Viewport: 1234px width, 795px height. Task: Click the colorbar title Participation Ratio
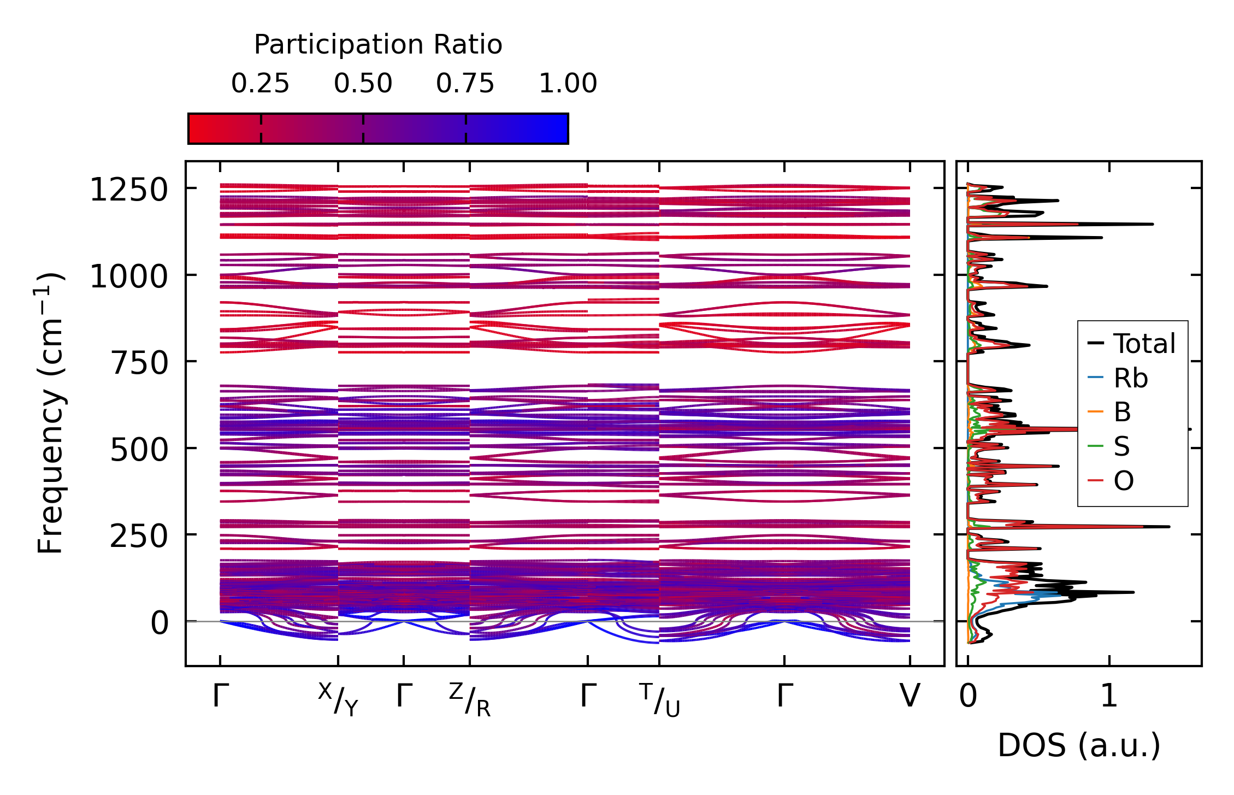[x=378, y=45]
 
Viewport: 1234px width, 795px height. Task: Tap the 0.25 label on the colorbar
[x=260, y=84]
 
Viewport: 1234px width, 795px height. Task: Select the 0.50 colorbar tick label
[x=363, y=84]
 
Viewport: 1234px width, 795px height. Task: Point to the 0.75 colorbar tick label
[x=465, y=84]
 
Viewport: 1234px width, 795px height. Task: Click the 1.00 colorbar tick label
[x=568, y=84]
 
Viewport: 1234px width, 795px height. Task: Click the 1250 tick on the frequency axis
[x=129, y=190]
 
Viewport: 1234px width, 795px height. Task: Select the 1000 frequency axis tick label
[x=129, y=276]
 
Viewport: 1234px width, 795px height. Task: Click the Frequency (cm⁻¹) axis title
[x=50, y=413]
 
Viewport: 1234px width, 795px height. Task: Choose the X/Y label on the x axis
[x=338, y=699]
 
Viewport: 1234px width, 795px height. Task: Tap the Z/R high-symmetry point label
[x=470, y=699]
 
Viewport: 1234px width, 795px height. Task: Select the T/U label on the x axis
[x=659, y=699]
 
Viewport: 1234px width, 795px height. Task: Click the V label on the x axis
[x=910, y=696]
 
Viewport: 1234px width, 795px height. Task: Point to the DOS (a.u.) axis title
[x=1079, y=745]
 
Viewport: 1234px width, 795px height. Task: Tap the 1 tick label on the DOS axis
[x=1109, y=696]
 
